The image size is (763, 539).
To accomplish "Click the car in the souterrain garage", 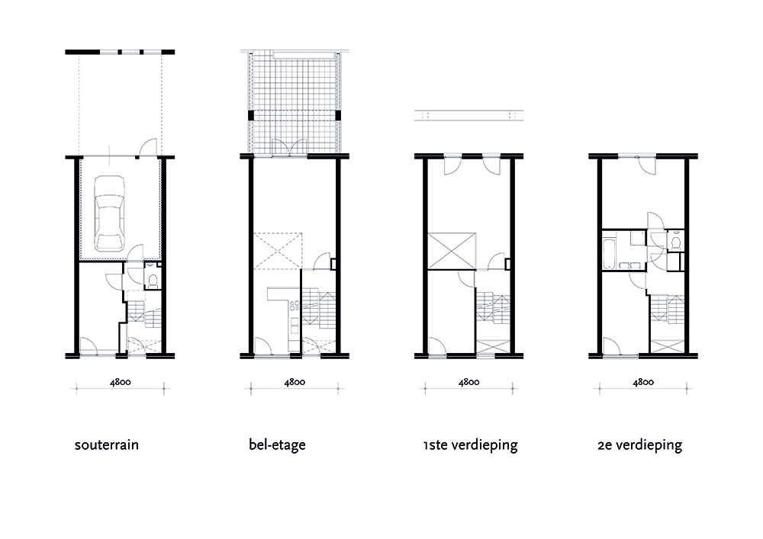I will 111,213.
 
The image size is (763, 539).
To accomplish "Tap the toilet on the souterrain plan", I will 152,279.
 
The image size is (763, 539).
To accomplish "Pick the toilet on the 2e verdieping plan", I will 675,242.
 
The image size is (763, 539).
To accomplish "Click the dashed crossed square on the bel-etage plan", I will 278,249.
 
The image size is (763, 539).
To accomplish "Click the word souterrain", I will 107,444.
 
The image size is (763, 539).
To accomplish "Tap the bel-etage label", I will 277,444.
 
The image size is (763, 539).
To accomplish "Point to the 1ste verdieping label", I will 469,444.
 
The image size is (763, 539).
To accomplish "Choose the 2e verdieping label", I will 640,444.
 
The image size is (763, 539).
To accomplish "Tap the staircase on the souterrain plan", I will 143,311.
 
